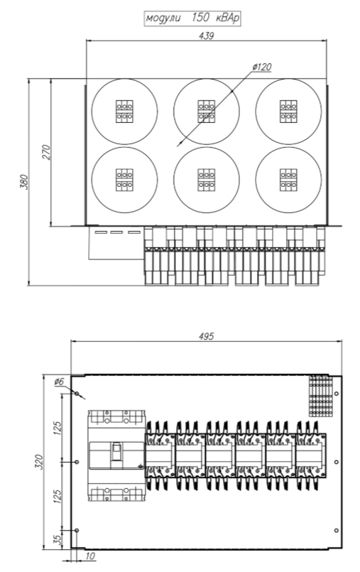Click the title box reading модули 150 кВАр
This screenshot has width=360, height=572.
click(192, 18)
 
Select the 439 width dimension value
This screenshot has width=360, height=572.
click(206, 36)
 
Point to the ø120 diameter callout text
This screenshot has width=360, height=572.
click(262, 67)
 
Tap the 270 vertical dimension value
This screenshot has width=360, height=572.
click(46, 153)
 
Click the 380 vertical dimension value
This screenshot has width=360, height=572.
click(23, 182)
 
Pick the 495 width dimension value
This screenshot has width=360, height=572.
click(206, 336)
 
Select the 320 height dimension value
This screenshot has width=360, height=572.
click(39, 462)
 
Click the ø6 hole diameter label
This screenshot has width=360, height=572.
click(59, 382)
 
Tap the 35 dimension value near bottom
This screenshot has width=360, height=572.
click(58, 539)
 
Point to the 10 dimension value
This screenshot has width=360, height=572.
click(90, 556)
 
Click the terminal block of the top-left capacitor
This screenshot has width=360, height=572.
click(124, 112)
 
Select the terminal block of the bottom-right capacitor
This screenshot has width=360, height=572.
click(288, 180)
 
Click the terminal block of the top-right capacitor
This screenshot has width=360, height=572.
click(288, 112)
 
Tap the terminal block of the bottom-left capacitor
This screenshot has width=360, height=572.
click(124, 180)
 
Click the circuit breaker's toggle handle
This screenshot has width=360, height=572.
click(116, 452)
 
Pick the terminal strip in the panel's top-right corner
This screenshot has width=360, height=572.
click(321, 396)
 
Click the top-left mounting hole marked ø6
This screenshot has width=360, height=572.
click(77, 394)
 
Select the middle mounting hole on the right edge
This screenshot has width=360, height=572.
click(337, 462)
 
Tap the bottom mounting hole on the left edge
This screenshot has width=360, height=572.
click(77, 530)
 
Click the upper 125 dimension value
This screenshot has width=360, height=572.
click(58, 428)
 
